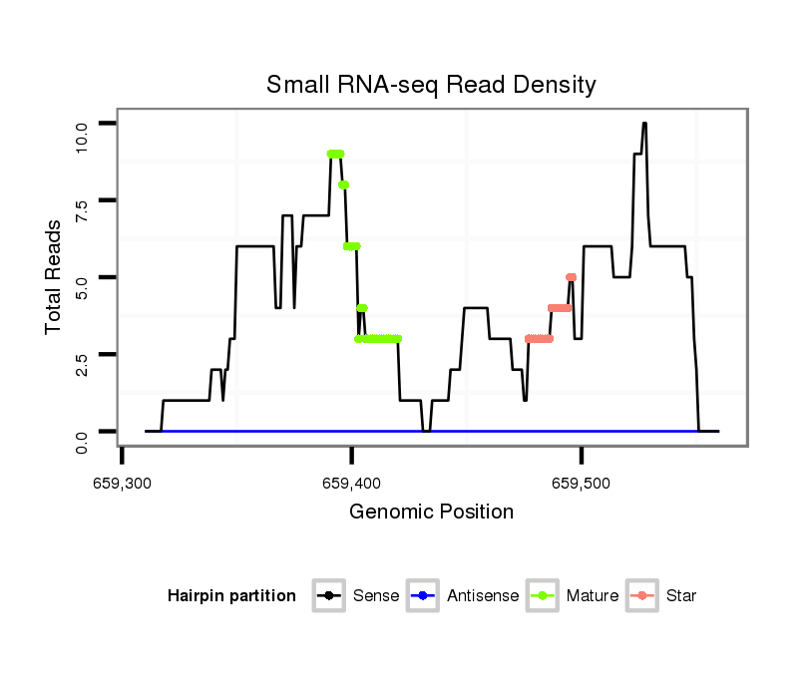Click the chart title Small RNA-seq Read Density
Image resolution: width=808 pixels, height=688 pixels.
[431, 85]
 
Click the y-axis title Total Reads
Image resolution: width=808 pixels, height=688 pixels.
[55, 277]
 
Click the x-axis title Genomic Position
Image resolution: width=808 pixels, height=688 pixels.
[431, 513]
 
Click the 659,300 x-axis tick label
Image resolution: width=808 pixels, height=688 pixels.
[122, 482]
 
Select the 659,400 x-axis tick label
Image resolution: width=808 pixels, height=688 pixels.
[351, 482]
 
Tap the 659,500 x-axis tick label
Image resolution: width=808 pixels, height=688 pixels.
[582, 482]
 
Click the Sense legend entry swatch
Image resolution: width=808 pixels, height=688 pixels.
[328, 596]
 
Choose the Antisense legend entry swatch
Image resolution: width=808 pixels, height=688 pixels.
[422, 596]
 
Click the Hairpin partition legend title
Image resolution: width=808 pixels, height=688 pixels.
[231, 596]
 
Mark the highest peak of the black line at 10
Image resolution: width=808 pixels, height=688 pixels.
[644, 124]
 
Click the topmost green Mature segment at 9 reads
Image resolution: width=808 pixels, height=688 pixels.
[335, 154]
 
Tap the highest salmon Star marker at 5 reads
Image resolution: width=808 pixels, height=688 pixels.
[571, 277]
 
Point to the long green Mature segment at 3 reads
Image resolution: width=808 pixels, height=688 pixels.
[379, 339]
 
